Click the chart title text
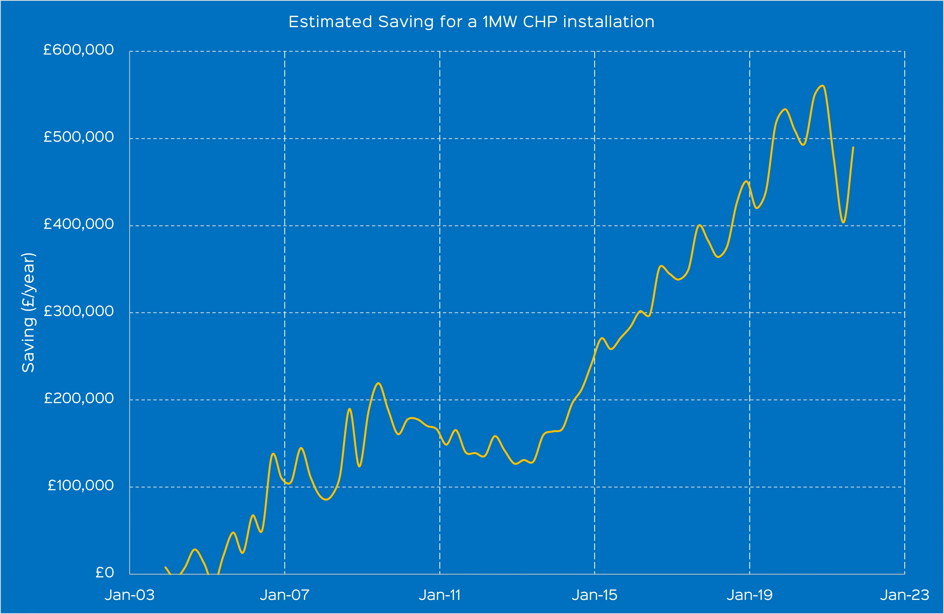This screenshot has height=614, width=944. (471, 22)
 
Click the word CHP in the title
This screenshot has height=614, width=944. (540, 22)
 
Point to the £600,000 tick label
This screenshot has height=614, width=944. (79, 50)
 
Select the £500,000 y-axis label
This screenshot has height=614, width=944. (79, 137)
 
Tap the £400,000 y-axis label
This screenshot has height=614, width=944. (79, 224)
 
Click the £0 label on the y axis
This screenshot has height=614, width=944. (105, 572)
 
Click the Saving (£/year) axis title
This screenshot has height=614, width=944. (28, 312)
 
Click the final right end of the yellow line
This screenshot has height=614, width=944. (853, 147)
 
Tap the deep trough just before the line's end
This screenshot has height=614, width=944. (843, 222)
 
